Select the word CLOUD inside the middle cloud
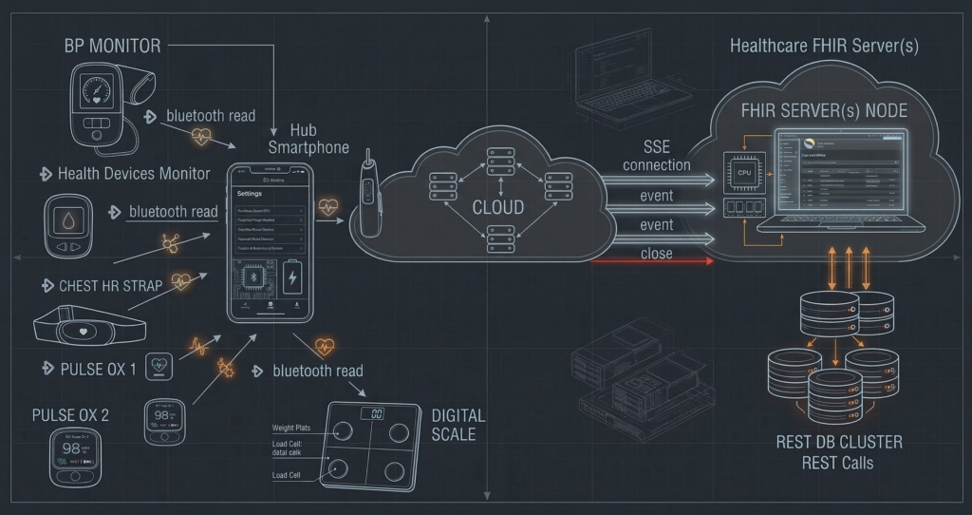pos(498,207)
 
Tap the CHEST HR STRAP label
pos(110,285)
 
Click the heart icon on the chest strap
pos(84,332)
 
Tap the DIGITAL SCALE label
pos(458,425)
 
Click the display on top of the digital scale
pos(376,413)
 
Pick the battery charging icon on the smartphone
pos(292,280)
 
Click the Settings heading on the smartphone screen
pos(249,192)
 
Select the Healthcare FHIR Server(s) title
pos(824,46)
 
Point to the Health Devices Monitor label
pos(133,174)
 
